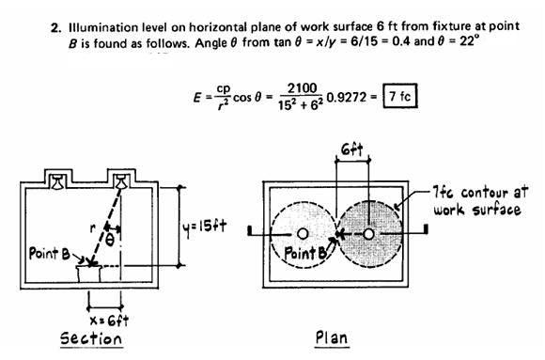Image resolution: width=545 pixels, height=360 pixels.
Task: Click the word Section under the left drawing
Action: (91, 337)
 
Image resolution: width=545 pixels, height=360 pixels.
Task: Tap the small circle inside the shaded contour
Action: (369, 232)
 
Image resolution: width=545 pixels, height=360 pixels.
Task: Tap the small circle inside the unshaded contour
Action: (303, 232)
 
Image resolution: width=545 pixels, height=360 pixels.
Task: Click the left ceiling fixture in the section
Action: (59, 179)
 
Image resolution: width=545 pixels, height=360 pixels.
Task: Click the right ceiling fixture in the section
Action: (121, 179)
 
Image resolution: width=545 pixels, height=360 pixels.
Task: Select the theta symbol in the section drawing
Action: (111, 241)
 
